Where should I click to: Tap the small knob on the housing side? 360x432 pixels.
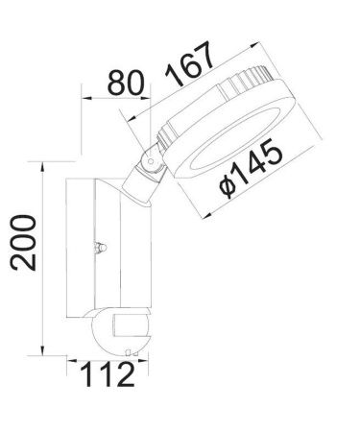pos(97,249)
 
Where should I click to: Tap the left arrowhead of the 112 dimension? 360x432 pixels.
pos(69,363)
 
